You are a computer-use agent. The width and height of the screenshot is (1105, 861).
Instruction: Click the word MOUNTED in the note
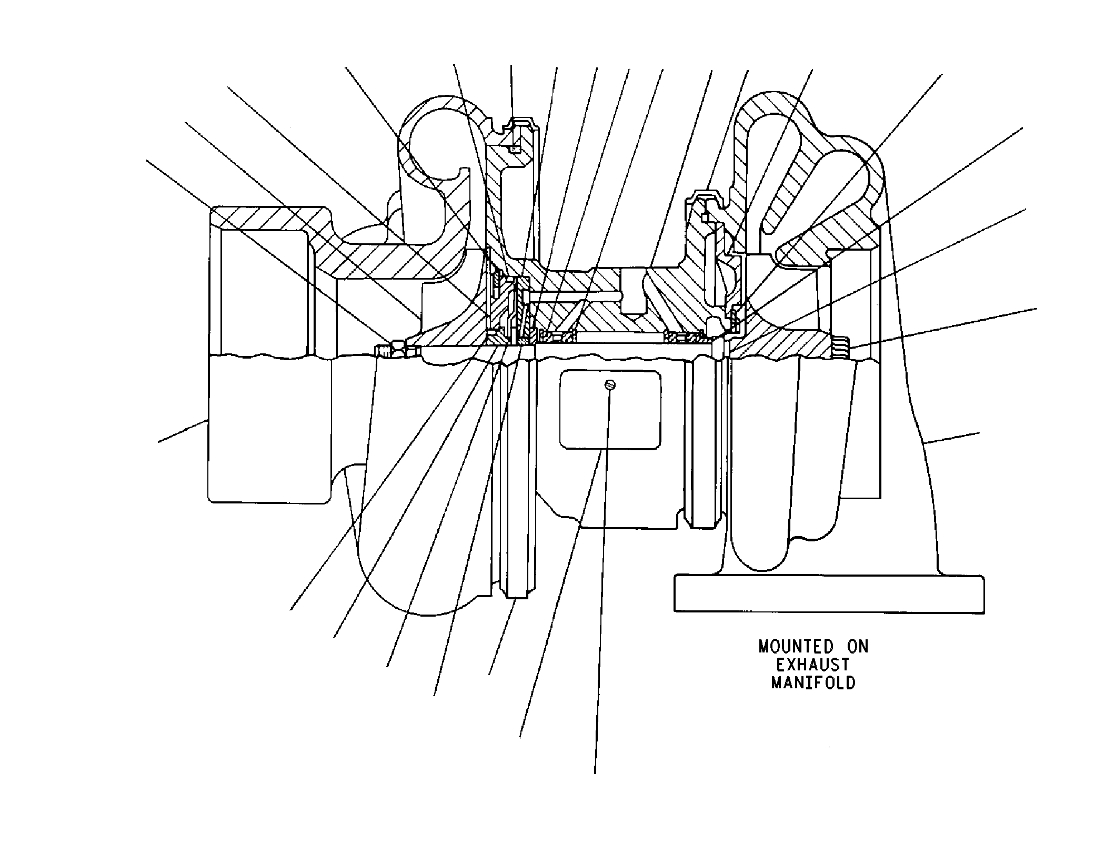pos(796,647)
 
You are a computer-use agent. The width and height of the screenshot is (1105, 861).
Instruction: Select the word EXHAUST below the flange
pos(813,665)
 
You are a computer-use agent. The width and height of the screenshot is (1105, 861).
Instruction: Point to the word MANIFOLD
pos(813,683)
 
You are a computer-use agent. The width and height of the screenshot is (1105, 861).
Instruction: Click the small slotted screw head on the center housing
pos(610,385)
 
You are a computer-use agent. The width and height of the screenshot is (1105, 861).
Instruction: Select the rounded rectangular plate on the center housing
pos(610,410)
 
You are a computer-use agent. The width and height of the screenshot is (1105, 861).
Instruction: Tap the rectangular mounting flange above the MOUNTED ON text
pos(829,594)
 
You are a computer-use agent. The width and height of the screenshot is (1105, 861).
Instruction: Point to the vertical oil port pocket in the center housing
pos(633,293)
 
